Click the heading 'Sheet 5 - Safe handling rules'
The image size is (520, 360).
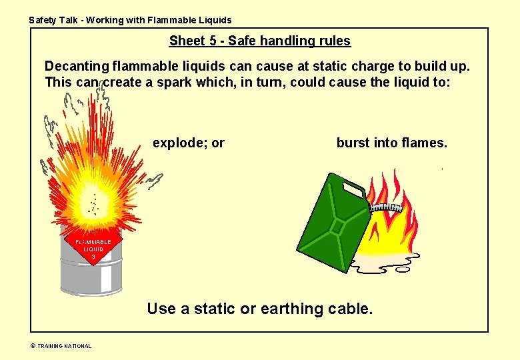[x=259, y=41]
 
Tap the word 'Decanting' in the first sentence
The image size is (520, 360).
[x=75, y=67]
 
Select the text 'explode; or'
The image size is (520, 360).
[x=189, y=143]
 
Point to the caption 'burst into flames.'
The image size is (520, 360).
[x=392, y=143]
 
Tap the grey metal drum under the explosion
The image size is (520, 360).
[x=91, y=277]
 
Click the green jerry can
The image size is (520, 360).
[x=332, y=223]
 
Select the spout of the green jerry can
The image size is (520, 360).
[x=385, y=207]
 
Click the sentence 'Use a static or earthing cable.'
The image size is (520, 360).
[x=259, y=309]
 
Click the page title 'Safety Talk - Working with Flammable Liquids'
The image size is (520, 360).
[x=130, y=20]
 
